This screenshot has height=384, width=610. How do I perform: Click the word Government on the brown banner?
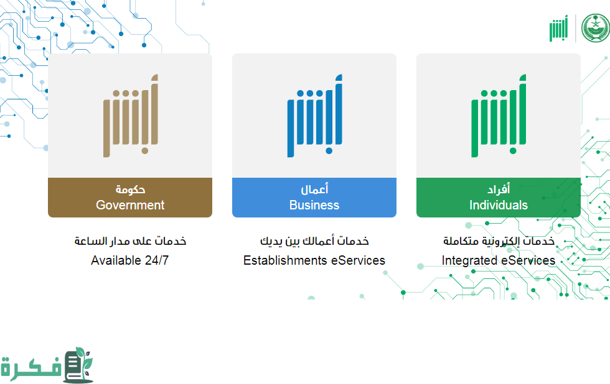[130, 205]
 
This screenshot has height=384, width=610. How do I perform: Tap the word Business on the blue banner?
[314, 205]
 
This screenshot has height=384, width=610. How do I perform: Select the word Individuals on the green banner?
[499, 205]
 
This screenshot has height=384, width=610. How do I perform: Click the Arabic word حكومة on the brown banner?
[130, 190]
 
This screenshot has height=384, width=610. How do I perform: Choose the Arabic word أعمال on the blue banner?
[314, 189]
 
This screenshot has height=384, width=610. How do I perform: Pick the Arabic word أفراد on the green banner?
[499, 189]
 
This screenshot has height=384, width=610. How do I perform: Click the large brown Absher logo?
[131, 116]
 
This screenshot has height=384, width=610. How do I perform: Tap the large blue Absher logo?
[315, 116]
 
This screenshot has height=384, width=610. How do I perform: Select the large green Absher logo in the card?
[499, 116]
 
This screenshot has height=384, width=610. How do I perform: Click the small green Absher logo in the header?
[559, 29]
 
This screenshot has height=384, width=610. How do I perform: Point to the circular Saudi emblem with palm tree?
[596, 28]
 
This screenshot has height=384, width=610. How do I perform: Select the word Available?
[116, 260]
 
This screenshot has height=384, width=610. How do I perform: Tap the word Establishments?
[285, 260]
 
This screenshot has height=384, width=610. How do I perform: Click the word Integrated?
[469, 260]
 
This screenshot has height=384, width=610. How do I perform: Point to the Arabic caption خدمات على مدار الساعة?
[130, 241]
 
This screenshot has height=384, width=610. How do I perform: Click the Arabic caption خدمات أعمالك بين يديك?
[314, 241]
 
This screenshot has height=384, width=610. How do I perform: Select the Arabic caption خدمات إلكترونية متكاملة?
[499, 241]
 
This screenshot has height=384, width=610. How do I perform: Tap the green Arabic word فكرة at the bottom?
[30, 367]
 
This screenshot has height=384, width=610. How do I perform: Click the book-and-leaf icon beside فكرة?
[79, 365]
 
